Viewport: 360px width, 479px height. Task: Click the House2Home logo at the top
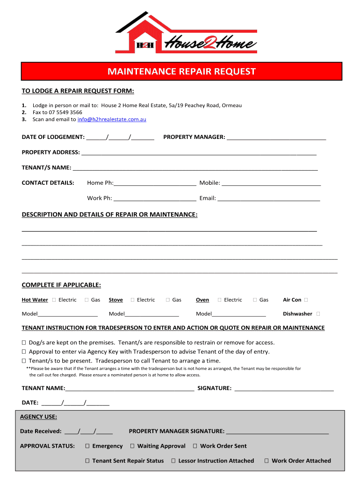186,32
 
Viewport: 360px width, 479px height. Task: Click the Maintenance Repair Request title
182,72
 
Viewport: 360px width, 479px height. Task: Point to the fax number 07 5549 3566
65,112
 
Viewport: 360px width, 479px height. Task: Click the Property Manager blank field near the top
276,138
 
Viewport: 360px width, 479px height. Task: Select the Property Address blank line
199,152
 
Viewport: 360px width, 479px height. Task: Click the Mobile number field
272,183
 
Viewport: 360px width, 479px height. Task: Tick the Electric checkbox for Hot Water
54,300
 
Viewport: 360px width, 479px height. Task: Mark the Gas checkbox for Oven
255,300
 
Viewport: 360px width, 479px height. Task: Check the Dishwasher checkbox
318,314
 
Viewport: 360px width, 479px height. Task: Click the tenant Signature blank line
284,388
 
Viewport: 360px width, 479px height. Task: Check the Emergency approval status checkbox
87,446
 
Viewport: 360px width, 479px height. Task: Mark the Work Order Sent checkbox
195,446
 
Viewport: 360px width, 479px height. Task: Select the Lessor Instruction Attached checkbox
173,461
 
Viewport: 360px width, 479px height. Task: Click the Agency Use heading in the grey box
38,417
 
